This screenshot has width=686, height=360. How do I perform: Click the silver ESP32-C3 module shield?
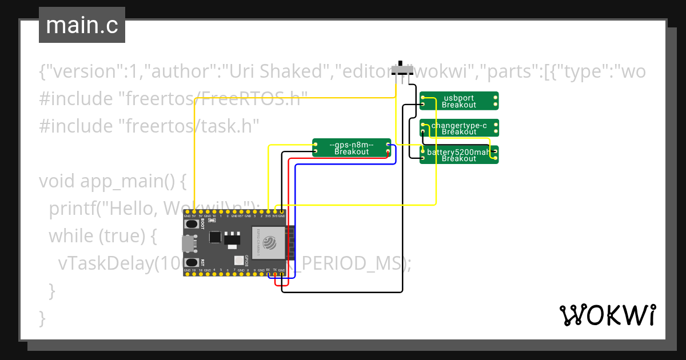coord(268,244)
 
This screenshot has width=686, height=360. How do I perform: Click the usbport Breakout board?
coord(459,101)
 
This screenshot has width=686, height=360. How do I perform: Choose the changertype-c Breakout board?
coord(459,128)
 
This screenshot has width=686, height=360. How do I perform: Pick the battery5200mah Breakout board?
coord(459,155)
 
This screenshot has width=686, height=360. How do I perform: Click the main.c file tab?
coord(82,25)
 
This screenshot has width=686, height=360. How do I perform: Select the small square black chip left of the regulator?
coord(215,237)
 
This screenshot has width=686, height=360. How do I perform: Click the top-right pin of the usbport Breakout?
coord(494,97)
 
